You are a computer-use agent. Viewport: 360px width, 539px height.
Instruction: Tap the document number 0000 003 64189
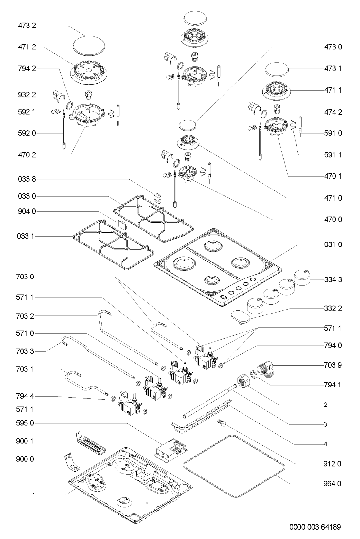315,527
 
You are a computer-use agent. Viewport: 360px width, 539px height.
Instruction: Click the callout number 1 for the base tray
33,496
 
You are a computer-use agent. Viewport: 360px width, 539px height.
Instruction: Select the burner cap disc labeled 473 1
277,70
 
